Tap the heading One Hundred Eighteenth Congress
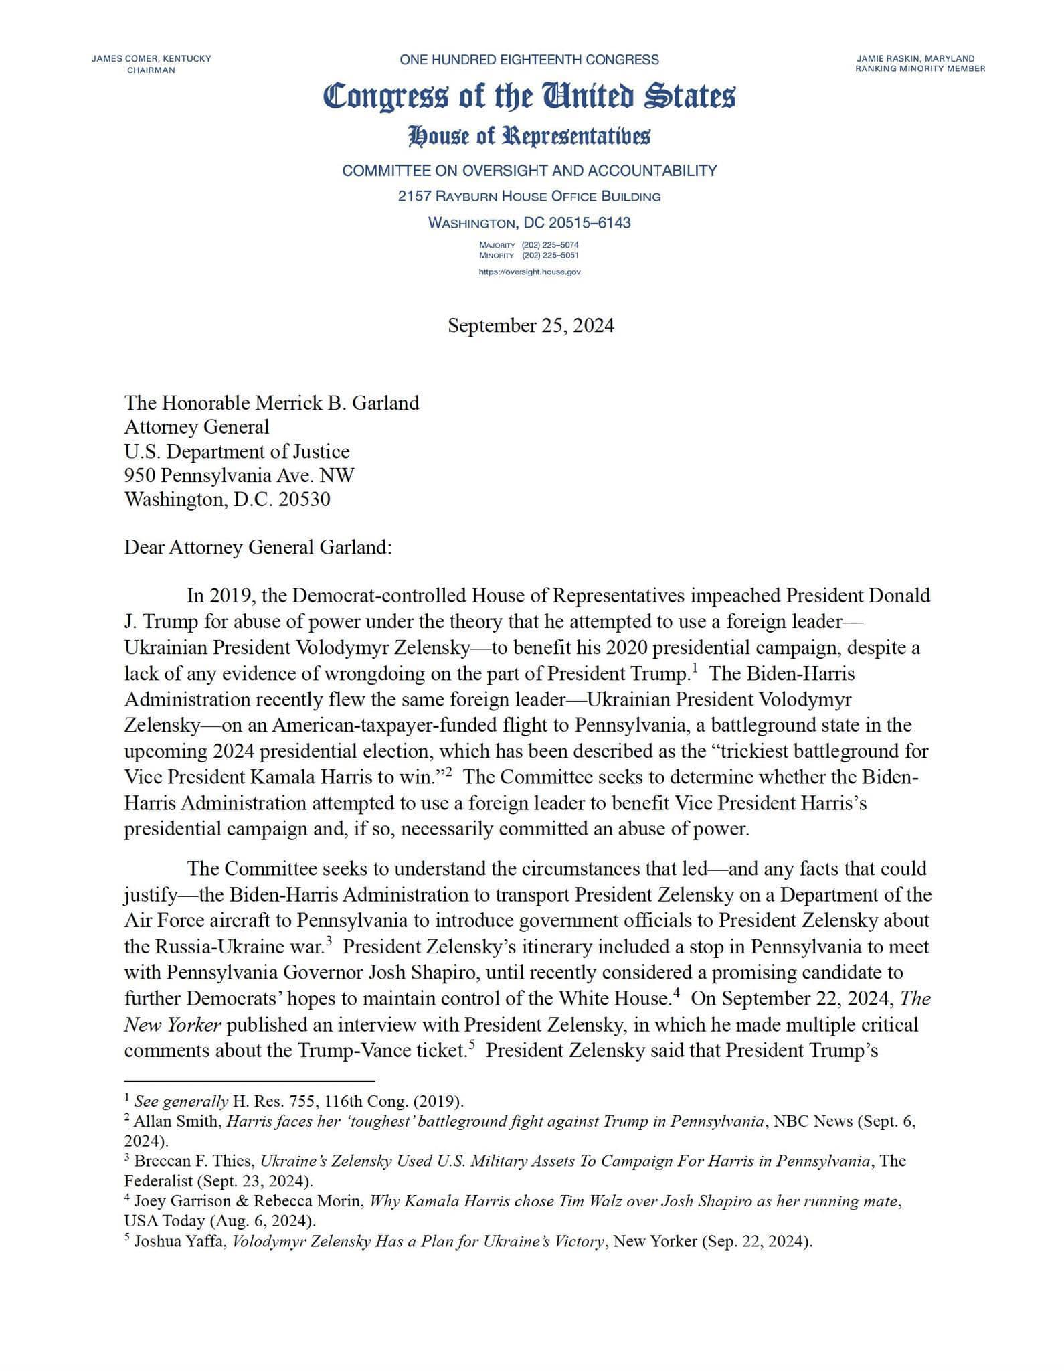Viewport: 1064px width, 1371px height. (529, 60)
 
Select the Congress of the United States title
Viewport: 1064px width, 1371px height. (529, 96)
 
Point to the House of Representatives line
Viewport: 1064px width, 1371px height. (529, 136)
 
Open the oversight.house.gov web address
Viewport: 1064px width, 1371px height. (529, 272)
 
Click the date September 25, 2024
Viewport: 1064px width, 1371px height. (531, 325)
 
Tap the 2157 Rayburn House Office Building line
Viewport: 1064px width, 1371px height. (529, 196)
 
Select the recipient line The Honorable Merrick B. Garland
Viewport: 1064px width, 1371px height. (272, 403)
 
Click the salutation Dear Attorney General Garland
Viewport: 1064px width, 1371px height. (258, 547)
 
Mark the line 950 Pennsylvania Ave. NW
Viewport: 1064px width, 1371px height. (239, 475)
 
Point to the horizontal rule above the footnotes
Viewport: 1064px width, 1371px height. (249, 1080)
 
